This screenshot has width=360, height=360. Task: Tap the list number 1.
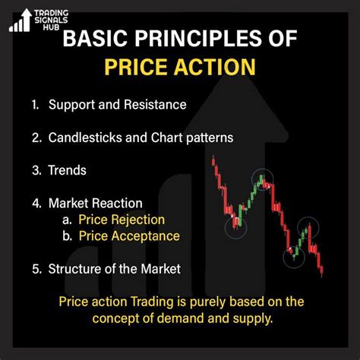(x=35, y=105)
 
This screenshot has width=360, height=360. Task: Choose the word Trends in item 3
(x=67, y=172)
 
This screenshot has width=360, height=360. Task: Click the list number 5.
(x=35, y=268)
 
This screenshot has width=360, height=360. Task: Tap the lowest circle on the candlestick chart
(x=295, y=257)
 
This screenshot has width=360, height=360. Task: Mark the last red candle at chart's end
(x=322, y=269)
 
